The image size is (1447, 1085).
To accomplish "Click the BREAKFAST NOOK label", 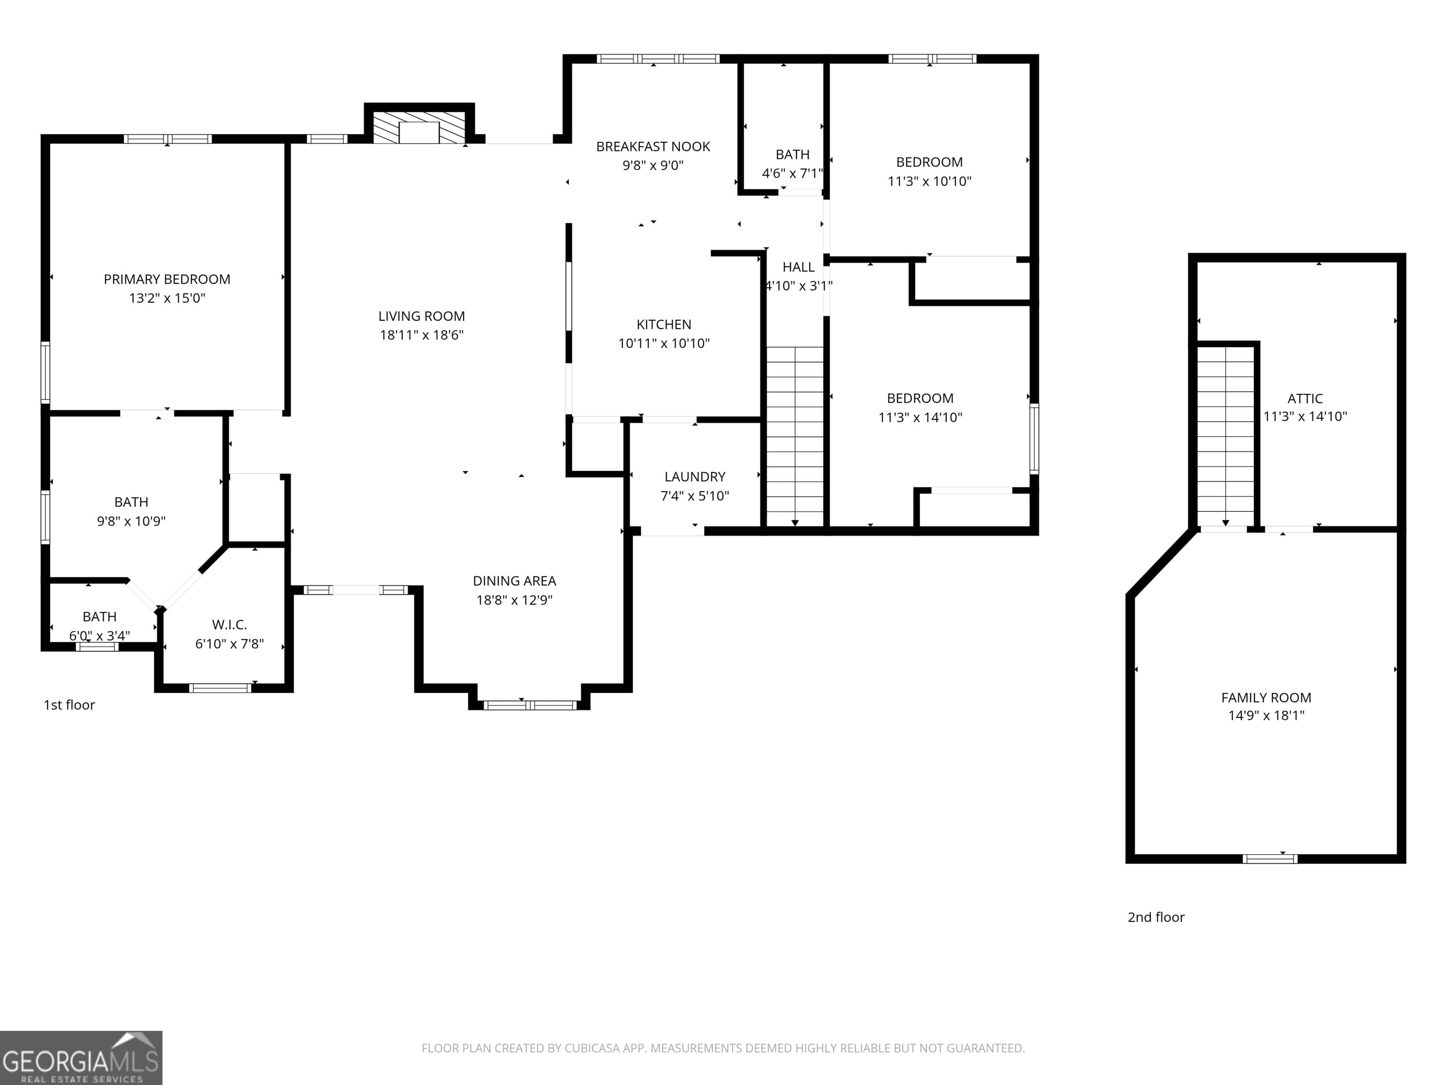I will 653,146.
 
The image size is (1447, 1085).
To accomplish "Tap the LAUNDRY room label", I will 695,477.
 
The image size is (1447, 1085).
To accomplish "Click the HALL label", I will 798,267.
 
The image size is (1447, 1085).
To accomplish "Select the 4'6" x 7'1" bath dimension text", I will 792,173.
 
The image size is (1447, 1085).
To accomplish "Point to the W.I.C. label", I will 229,624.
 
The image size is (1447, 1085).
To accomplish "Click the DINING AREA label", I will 514,581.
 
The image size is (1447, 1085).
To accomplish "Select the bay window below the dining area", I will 529,705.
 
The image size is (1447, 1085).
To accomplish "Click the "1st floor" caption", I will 69,705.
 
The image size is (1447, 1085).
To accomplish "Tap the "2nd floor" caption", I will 1156,917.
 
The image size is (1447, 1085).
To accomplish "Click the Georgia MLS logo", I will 81,1058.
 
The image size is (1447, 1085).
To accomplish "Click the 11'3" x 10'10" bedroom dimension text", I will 929,181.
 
